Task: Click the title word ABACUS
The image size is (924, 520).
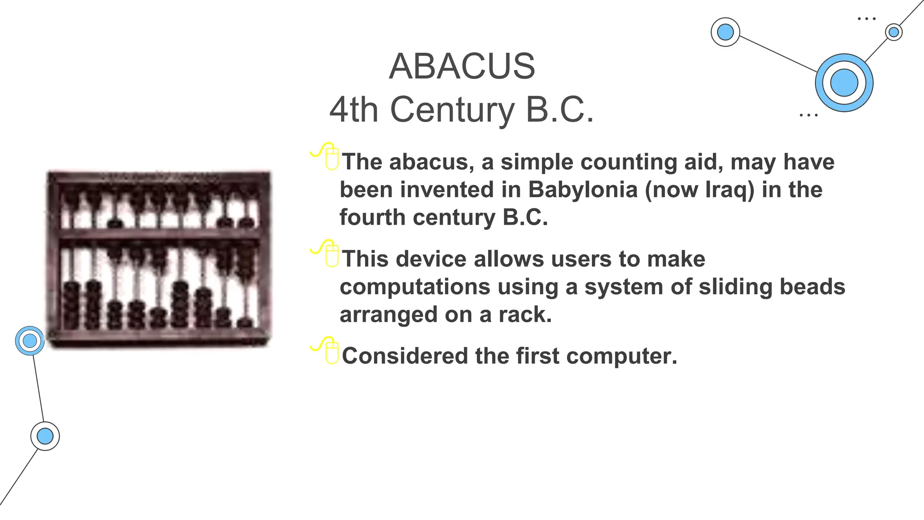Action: [x=462, y=66]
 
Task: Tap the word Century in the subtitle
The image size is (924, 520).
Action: [x=452, y=110]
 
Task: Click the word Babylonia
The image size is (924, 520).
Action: [x=582, y=190]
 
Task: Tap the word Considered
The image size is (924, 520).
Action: [x=404, y=356]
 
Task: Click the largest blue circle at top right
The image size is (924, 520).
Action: [x=844, y=83]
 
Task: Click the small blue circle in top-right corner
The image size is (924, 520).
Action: [x=893, y=32]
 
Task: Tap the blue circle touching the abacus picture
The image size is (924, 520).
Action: [x=30, y=341]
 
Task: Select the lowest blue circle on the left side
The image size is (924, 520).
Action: [x=45, y=436]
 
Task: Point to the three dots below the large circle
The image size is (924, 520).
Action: [x=808, y=116]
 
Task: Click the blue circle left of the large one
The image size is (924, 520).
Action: [x=725, y=32]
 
